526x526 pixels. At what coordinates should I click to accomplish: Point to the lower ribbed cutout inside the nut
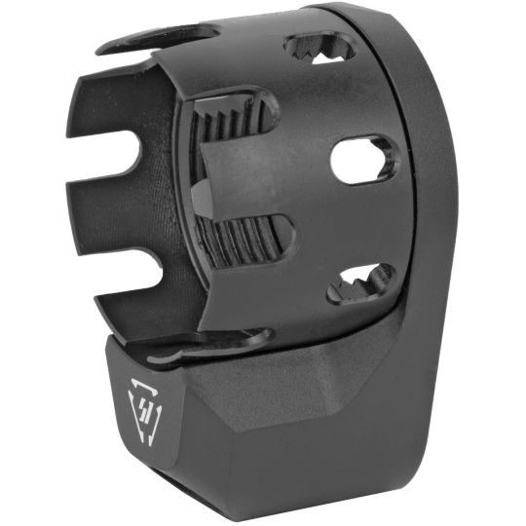[244, 244]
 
